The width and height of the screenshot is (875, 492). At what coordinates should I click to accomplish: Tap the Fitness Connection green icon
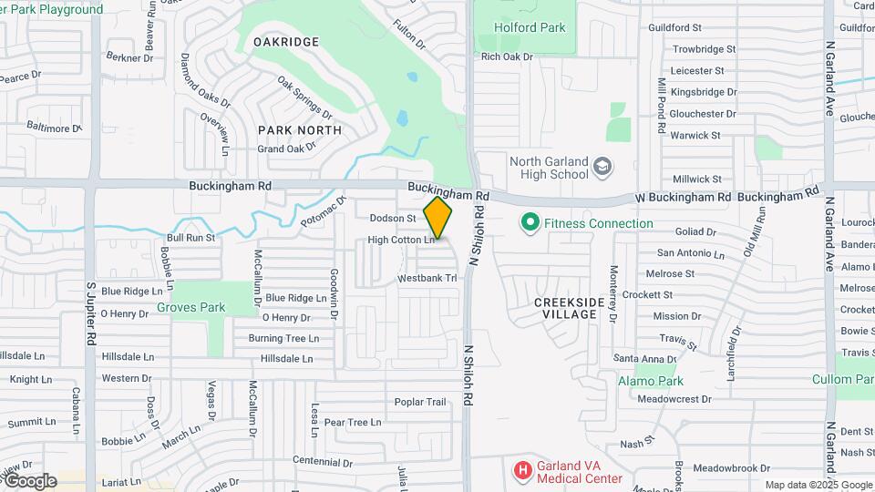pyautogui.click(x=529, y=222)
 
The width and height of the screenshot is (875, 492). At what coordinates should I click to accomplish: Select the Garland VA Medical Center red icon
pyautogui.click(x=522, y=470)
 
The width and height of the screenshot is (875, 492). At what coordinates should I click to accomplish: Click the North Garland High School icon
pyautogui.click(x=602, y=167)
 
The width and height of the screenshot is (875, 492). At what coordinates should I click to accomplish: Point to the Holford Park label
pyautogui.click(x=530, y=27)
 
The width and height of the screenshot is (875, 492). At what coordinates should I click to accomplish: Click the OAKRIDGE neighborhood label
pyautogui.click(x=286, y=42)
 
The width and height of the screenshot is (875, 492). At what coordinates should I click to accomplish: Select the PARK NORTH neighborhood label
pyautogui.click(x=300, y=130)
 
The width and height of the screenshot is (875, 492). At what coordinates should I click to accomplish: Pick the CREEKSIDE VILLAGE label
pyautogui.click(x=565, y=308)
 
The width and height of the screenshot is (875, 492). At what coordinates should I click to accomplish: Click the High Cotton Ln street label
pyautogui.click(x=401, y=241)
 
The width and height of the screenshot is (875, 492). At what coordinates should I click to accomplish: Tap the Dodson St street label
pyautogui.click(x=393, y=219)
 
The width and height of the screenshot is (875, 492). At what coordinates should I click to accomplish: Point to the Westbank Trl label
pyautogui.click(x=427, y=278)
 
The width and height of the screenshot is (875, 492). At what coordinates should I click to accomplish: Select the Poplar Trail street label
pyautogui.click(x=419, y=402)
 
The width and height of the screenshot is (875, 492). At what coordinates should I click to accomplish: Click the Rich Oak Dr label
pyautogui.click(x=507, y=56)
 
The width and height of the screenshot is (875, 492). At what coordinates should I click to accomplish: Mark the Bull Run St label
pyautogui.click(x=190, y=237)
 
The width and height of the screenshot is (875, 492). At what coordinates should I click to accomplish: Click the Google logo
pyautogui.click(x=29, y=481)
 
